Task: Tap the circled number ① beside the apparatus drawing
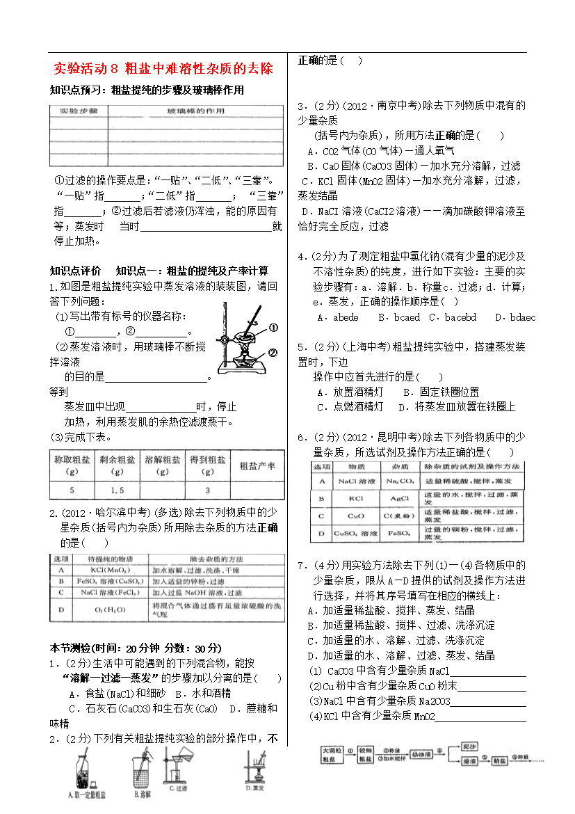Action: click(x=273, y=328)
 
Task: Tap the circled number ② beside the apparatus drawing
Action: click(x=273, y=353)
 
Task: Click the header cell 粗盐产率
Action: click(x=257, y=465)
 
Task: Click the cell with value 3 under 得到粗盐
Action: click(x=207, y=490)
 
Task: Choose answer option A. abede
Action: click(x=337, y=317)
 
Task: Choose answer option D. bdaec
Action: click(x=515, y=317)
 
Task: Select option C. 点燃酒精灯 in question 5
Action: click(x=350, y=406)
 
